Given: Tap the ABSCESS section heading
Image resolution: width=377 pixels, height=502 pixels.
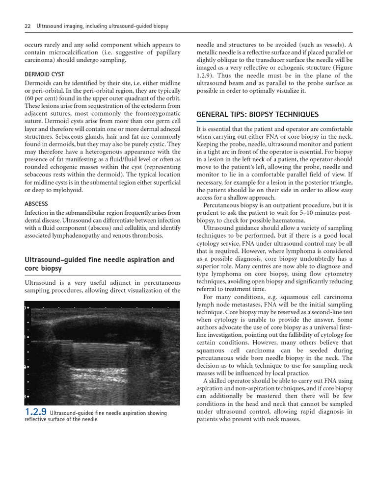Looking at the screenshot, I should click(36, 203).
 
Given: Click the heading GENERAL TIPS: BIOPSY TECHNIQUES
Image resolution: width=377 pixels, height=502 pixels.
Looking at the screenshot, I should click(257, 115).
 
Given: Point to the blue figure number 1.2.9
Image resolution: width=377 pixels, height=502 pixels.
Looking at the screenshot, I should click(36, 413).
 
